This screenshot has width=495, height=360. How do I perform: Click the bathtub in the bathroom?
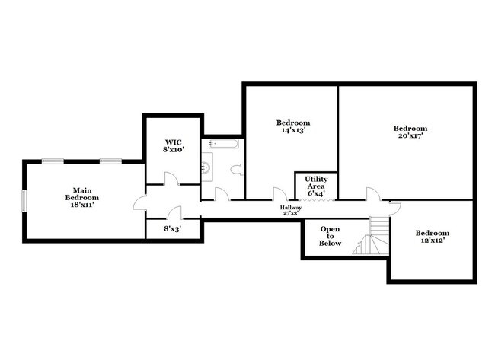pyautogui.click(x=222, y=143)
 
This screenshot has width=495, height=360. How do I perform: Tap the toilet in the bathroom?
pyautogui.click(x=236, y=169)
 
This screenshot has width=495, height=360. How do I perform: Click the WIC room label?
pyautogui.click(x=173, y=142)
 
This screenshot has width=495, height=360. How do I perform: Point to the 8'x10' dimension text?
pyautogui.click(x=173, y=150)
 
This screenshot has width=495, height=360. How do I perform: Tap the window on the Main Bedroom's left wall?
pyautogui.click(x=24, y=202)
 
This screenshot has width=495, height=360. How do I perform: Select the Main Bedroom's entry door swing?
pyautogui.click(x=139, y=202)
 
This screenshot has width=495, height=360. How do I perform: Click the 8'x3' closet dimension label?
pyautogui.click(x=172, y=227)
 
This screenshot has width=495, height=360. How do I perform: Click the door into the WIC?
pyautogui.click(x=171, y=179)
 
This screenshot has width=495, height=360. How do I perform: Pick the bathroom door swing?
pyautogui.click(x=221, y=195)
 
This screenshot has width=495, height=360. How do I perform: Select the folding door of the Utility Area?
pyautogui.click(x=316, y=200)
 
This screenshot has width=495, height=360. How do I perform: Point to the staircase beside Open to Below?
pyautogui.click(x=372, y=236)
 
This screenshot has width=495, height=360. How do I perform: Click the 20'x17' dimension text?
pyautogui.click(x=410, y=137)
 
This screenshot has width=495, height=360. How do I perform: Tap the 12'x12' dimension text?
pyautogui.click(x=432, y=241)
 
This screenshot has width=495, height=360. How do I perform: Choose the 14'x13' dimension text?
pyautogui.click(x=293, y=131)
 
